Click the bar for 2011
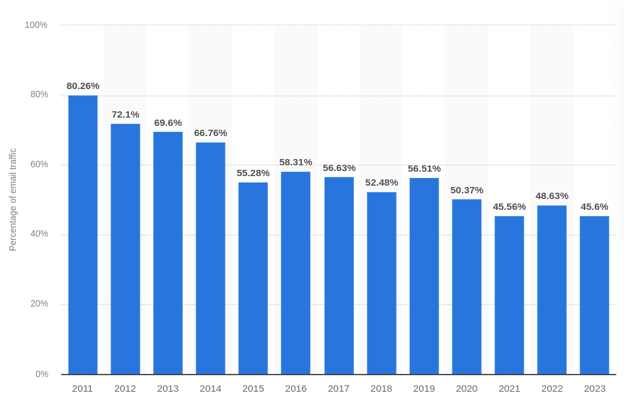[83, 235]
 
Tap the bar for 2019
[424, 276]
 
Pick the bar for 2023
[594, 295]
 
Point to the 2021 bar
[509, 295]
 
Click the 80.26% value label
[83, 86]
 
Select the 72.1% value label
[125, 114]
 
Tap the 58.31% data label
[295, 162]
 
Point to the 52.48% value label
[381, 183]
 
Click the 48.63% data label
[552, 196]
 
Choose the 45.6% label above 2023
[594, 207]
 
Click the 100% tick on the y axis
[36, 25]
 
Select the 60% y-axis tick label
[39, 165]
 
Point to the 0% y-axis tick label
[42, 374]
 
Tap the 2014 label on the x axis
[210, 389]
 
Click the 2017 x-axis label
[339, 389]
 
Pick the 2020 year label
[466, 389]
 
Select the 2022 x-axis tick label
[552, 389]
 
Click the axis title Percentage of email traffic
[13, 200]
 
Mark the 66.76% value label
[210, 133]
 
